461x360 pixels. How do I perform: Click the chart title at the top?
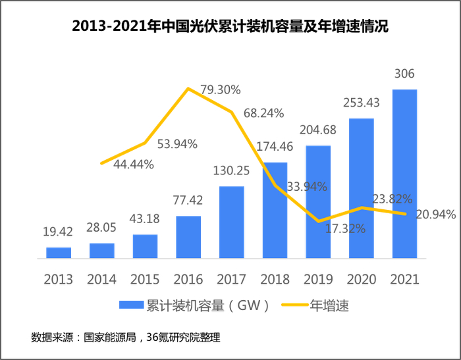[230, 27]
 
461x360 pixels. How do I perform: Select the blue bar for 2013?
[59, 252]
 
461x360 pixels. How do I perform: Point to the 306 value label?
[404, 74]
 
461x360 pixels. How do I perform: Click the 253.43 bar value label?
[361, 103]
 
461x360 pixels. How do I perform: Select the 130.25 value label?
[231, 170]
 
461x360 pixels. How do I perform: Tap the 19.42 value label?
[59, 232]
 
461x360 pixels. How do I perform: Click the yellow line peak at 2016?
[189, 88]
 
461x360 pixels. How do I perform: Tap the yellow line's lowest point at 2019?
[318, 221]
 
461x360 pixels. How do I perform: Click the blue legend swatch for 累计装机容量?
[132, 305]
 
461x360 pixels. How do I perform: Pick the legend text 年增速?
[329, 305]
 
